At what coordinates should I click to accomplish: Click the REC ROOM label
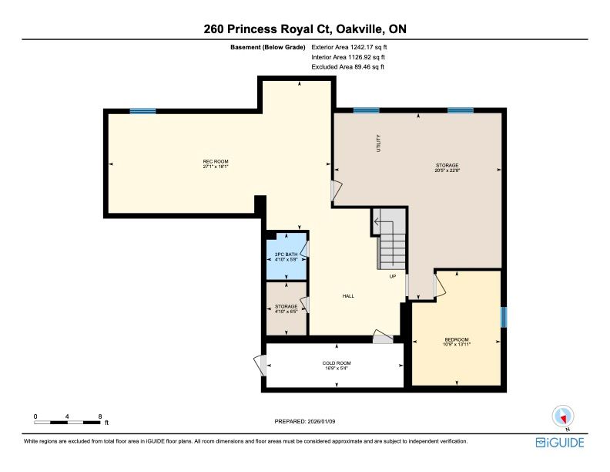(216, 162)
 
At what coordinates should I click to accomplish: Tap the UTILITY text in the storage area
(378, 143)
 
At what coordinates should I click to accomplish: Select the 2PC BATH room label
(286, 255)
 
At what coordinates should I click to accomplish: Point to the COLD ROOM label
(337, 363)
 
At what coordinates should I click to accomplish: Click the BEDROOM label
(457, 339)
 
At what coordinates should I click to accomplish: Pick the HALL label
(348, 296)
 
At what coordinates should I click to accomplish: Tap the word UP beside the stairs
(393, 277)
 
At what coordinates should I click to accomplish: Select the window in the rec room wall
(142, 111)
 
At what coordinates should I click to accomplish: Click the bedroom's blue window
(504, 317)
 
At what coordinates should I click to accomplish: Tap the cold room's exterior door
(260, 366)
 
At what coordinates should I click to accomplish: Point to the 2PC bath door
(306, 249)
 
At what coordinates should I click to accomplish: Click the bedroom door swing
(439, 285)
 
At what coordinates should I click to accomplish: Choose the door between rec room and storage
(336, 190)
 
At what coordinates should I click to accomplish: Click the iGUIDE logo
(560, 443)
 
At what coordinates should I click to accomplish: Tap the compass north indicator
(563, 417)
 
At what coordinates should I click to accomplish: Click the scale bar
(67, 422)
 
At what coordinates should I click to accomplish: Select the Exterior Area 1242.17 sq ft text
(349, 47)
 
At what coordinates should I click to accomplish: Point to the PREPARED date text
(304, 421)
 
